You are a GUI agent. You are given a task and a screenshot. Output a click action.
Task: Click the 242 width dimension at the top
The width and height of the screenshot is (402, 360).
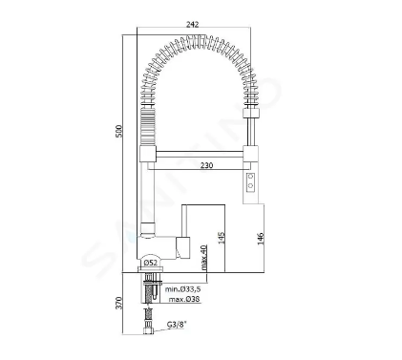[193, 25]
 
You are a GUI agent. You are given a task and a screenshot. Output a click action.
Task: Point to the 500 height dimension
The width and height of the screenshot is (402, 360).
[118, 131]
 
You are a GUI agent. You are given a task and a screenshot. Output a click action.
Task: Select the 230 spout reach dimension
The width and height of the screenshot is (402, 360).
[207, 165]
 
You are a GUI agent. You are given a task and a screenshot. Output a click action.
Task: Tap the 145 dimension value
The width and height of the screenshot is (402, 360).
[222, 238]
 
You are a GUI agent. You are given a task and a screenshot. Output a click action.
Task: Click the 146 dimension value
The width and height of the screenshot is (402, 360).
[261, 239]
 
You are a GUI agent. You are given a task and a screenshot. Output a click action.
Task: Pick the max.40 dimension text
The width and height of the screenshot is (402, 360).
[204, 257]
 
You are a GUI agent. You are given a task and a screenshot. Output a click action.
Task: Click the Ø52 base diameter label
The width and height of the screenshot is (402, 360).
[151, 263]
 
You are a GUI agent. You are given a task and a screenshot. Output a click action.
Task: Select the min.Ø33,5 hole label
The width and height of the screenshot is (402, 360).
[182, 289]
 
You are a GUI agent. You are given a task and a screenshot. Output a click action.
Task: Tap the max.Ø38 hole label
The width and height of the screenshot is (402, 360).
[184, 299]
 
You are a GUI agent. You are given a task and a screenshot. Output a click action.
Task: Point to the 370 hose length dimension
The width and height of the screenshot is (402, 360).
[118, 303]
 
